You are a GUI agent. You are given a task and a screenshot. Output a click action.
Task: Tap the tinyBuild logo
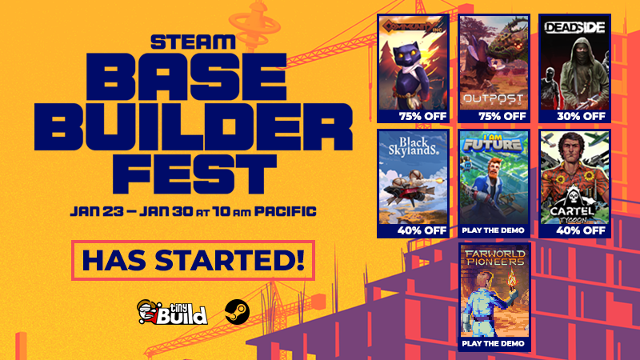(x=172, y=310)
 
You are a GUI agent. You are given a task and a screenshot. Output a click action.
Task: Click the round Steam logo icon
(x=235, y=311)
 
